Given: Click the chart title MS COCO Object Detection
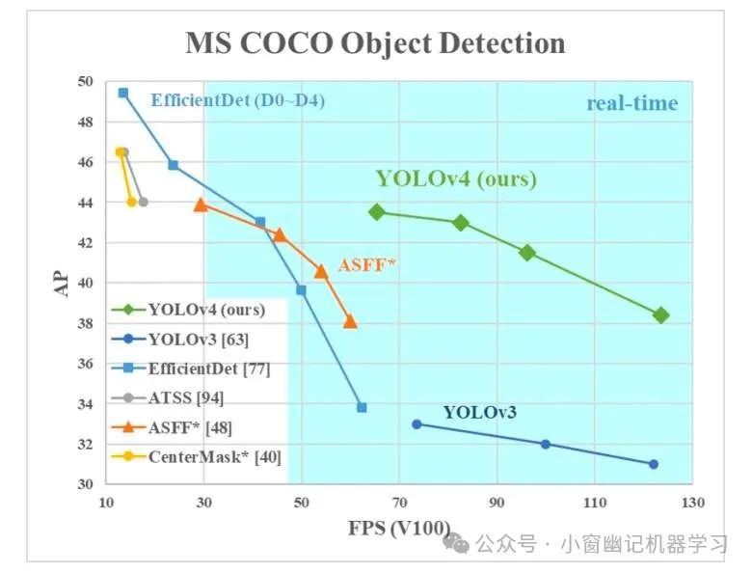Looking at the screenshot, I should coord(375,43).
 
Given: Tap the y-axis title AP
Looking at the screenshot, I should coord(64,282).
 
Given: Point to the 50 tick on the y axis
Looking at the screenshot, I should coord(85,82).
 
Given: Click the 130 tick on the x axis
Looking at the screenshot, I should coord(692,503).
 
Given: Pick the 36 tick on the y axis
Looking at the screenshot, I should coord(85,364).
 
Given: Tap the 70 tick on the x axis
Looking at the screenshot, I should coord(399,503).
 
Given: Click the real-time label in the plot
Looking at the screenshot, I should coord(631,103).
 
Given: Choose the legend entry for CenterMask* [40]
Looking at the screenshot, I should coord(214,456).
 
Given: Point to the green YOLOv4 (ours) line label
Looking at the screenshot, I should coord(456,178).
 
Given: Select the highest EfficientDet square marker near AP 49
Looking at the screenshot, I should coord(123,93).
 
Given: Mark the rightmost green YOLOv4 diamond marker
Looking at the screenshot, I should coord(660,315).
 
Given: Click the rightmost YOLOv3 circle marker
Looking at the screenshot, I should coord(654,464).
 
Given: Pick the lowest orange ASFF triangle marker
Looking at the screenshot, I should coord(350,321).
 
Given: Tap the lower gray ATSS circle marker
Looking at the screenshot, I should coord(143,202).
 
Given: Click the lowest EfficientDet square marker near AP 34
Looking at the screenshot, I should coord(362,407).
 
